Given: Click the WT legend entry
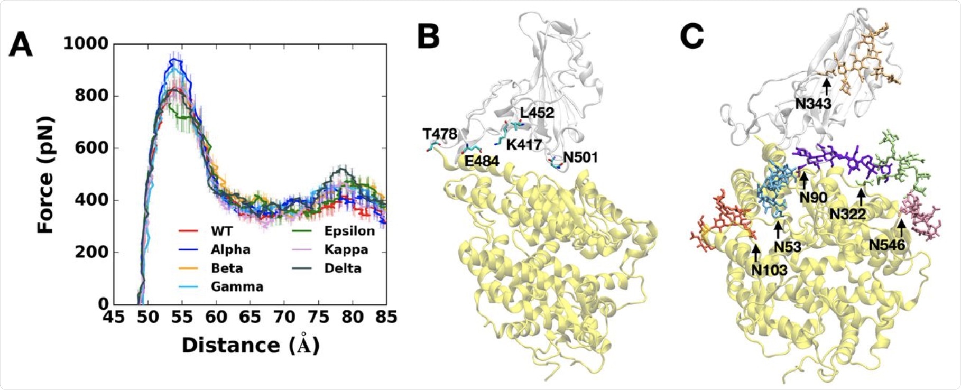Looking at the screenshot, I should click(221, 231).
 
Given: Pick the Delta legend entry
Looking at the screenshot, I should click(343, 268).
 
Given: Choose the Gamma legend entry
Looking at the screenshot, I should click(237, 286).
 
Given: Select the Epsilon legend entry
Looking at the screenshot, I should click(349, 231).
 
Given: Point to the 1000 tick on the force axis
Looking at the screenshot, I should click(86, 44).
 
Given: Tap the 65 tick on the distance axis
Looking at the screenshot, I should click(250, 317).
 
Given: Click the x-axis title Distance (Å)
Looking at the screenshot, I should click(251, 346).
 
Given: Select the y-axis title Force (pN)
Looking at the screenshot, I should click(46, 175).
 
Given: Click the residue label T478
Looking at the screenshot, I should click(439, 134).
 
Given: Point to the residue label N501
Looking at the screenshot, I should click(580, 157).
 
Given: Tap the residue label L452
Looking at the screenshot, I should click(537, 113).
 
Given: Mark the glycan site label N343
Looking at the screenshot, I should click(813, 104).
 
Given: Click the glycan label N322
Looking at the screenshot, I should click(847, 213).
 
